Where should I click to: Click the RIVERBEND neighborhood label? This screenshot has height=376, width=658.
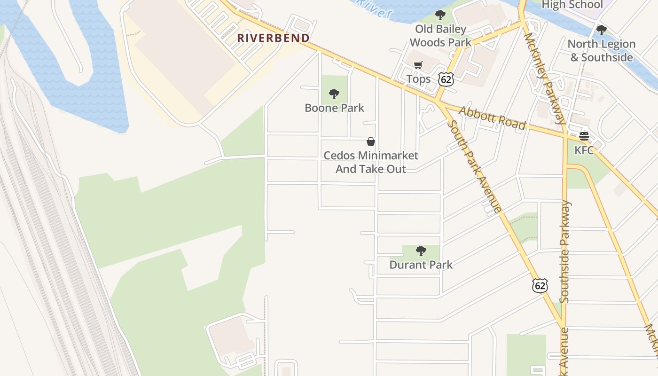click(x=273, y=38)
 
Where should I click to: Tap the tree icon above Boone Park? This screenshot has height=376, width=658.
click(x=334, y=94)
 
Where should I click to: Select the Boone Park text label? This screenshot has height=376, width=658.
click(x=334, y=108)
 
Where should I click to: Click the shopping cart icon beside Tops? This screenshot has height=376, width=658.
click(x=418, y=65)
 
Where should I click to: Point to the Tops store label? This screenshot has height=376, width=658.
click(x=418, y=79)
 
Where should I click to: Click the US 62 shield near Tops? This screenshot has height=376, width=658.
click(x=446, y=79)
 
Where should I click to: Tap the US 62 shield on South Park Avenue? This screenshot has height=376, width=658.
click(x=540, y=285)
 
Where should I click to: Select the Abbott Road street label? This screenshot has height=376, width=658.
click(x=492, y=117)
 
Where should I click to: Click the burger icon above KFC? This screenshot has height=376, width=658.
click(x=584, y=136)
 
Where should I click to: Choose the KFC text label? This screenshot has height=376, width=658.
click(x=584, y=150)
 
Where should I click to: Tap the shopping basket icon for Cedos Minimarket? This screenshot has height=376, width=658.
click(x=371, y=141)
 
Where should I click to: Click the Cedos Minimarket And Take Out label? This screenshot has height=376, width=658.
click(x=371, y=162)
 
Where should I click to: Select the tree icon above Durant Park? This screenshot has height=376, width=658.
click(x=421, y=251)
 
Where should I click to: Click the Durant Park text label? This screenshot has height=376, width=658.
click(x=421, y=265)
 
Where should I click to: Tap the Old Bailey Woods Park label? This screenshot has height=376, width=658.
click(x=440, y=36)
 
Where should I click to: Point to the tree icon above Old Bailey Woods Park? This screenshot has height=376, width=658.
click(x=440, y=15)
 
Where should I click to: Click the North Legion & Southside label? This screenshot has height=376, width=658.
click(x=602, y=51)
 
